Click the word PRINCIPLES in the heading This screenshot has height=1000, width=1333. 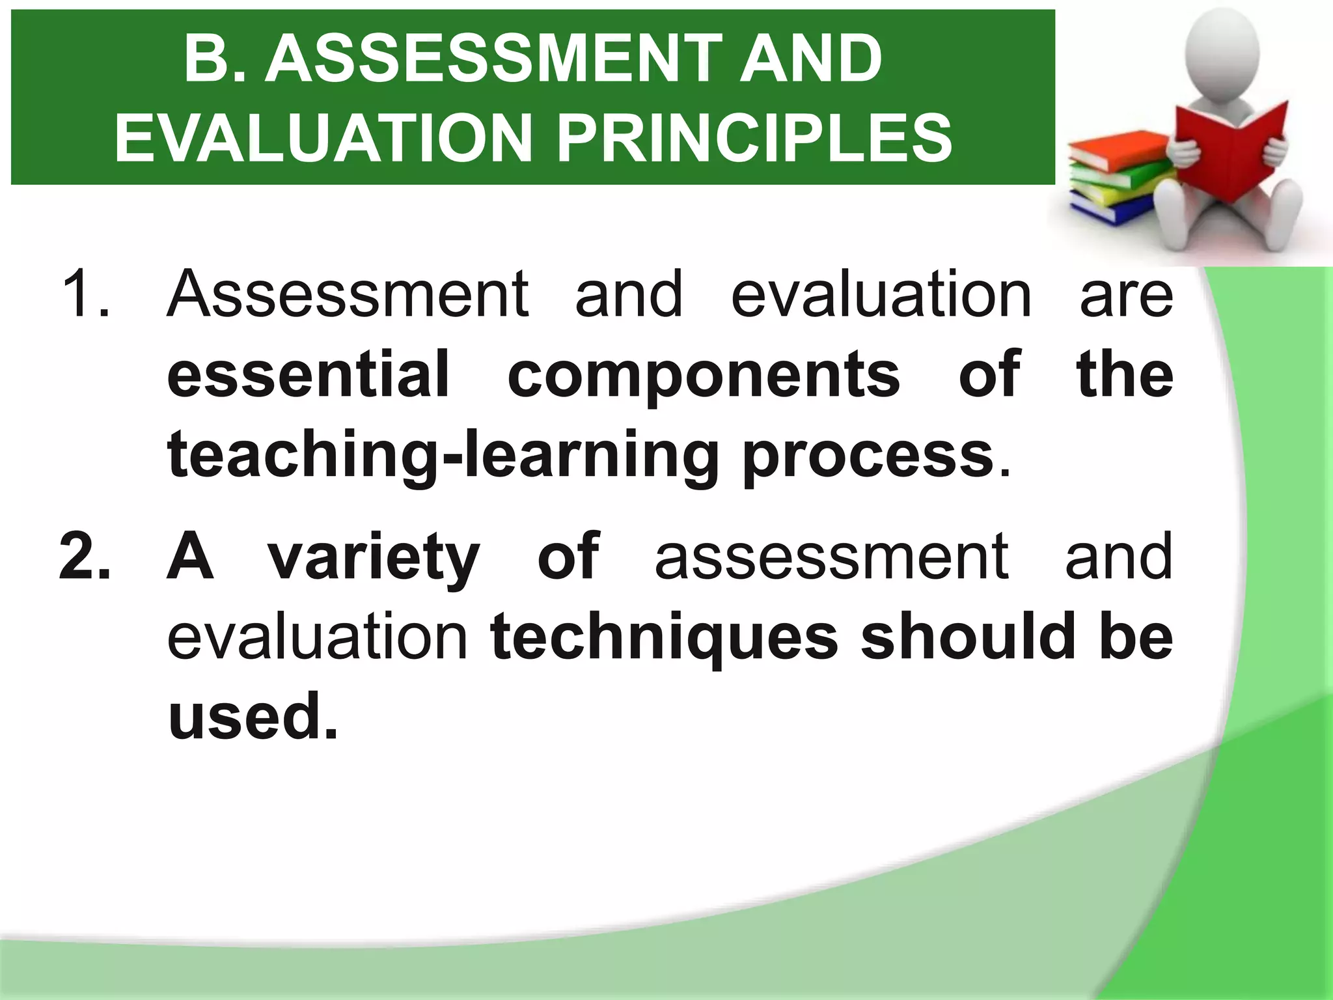coord(754,137)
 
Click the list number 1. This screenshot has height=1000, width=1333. coord(85,294)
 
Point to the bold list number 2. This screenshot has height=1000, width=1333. coord(85,557)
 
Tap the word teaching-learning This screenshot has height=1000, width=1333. coord(443,456)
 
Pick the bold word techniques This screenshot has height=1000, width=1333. coord(665,638)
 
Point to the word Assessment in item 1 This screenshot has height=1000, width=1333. coord(348,294)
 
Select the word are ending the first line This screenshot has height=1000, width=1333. coord(1126,296)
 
